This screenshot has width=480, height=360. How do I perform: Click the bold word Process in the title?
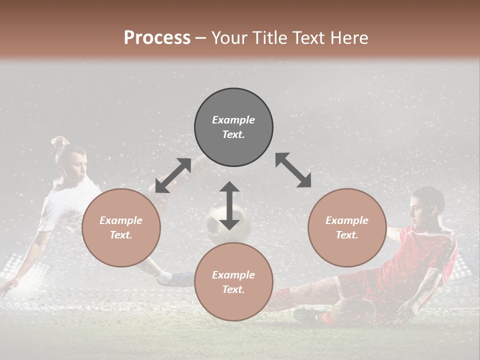pyautogui.click(x=157, y=38)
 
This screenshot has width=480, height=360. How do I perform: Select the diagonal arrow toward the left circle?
pyautogui.click(x=173, y=175)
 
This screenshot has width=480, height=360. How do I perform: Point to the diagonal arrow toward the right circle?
pyautogui.click(x=293, y=170)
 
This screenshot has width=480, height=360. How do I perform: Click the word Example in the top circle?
pyautogui.click(x=233, y=120)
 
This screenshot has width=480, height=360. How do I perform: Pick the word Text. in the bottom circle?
pyautogui.click(x=233, y=289)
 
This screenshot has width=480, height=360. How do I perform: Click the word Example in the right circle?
pyautogui.click(x=347, y=220)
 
